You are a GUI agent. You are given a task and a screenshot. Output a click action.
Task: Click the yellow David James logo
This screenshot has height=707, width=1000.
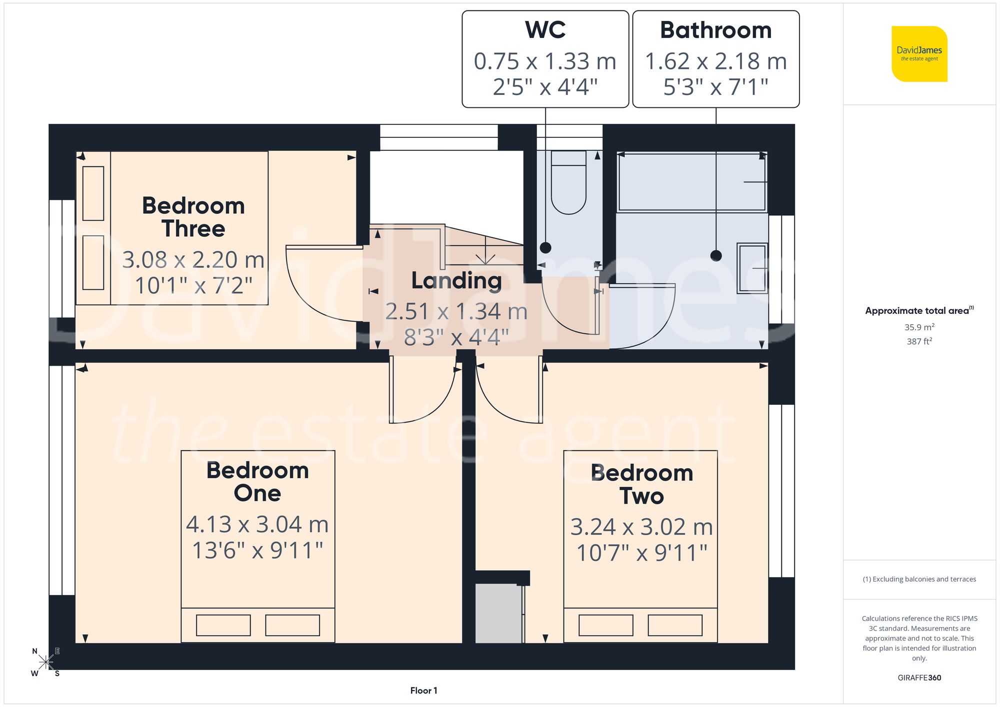[919, 54]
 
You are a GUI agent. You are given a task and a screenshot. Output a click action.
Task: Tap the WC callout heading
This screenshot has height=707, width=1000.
[545, 30]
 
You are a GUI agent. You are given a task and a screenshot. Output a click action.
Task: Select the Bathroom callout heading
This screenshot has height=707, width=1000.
[715, 30]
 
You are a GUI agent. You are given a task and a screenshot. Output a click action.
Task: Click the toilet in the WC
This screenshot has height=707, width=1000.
[568, 185]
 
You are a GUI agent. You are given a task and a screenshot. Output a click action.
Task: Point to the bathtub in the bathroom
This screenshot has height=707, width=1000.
[692, 182]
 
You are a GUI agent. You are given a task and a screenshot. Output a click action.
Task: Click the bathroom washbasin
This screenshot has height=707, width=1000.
[752, 268]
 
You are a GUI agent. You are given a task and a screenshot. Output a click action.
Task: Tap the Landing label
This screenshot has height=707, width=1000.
[456, 281]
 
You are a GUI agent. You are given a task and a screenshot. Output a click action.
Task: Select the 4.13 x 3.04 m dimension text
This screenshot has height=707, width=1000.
[257, 525]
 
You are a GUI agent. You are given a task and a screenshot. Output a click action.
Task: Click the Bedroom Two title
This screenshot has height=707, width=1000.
[641, 484]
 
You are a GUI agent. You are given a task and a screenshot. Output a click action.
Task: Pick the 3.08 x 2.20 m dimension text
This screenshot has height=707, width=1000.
[193, 260]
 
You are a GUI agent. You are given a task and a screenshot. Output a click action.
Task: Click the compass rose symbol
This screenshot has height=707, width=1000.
[46, 663]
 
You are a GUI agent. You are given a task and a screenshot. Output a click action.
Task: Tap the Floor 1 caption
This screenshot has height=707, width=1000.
[423, 691]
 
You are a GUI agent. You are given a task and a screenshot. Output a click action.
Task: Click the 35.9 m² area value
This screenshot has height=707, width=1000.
[919, 327]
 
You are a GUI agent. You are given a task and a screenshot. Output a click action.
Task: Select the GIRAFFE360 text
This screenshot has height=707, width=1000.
[919, 678]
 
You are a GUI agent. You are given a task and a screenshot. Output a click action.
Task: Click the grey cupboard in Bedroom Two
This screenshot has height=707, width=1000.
[498, 614]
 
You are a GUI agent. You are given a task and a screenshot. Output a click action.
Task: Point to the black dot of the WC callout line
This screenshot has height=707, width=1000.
[545, 247]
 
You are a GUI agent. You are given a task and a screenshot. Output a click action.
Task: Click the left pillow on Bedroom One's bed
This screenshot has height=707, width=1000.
[223, 625]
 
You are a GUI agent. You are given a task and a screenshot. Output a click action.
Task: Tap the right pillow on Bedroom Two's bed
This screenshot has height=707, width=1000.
[675, 625]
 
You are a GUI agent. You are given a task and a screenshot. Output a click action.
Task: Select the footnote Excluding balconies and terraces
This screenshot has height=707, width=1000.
[919, 579]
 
